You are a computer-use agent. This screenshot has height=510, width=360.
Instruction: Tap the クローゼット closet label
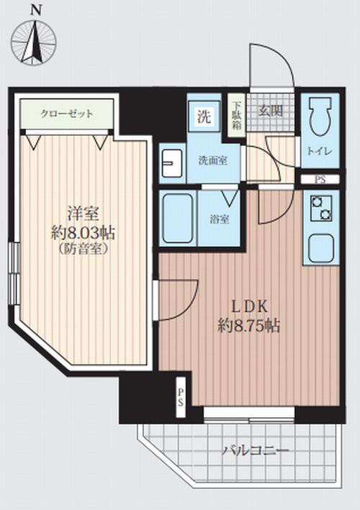pyautogui.click(x=67, y=114)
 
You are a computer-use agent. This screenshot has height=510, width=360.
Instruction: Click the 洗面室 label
pyautogui.click(x=213, y=160)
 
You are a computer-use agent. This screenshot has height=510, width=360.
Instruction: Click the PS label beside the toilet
pyautogui.click(x=317, y=179)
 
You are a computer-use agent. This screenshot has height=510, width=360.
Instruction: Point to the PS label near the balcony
pyautogui.click(x=180, y=397)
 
